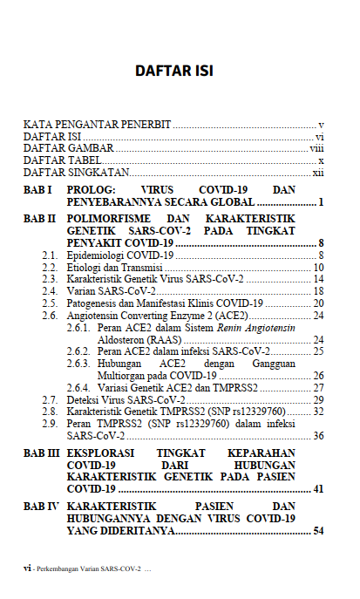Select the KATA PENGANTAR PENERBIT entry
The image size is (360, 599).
point(97,126)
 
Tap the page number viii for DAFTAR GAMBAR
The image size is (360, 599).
point(317,149)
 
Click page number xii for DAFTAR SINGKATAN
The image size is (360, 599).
point(318,174)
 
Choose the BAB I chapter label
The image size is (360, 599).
point(38,190)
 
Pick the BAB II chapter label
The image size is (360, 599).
point(40,217)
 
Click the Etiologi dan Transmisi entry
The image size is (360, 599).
point(115,267)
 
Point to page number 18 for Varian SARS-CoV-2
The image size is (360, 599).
point(319,290)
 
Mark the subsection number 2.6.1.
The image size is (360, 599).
point(79,327)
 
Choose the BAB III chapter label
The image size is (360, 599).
point(42,454)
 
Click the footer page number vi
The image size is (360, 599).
point(28,568)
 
